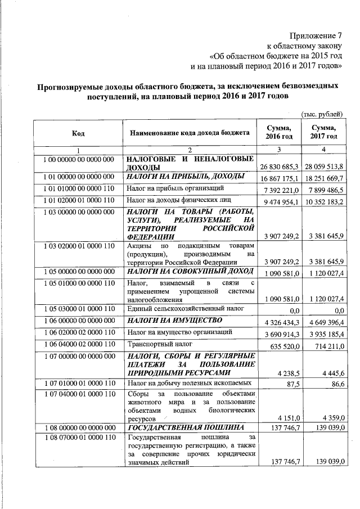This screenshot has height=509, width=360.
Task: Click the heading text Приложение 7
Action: pos(317,35)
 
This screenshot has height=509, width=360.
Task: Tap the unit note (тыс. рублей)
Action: pos(322,114)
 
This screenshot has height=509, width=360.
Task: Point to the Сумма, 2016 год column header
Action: pos(279,133)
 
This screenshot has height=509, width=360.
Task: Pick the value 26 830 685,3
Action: pos(280,168)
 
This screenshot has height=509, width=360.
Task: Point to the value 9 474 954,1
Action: pos(280,201)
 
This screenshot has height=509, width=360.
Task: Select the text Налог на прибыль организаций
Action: pos(176,188)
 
